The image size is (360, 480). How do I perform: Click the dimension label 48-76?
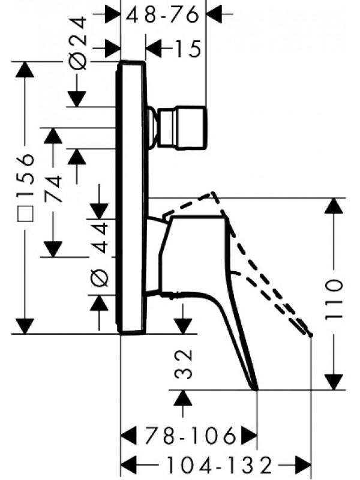pyautogui.click(x=162, y=15)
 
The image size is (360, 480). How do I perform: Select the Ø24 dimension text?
pyautogui.click(x=80, y=41)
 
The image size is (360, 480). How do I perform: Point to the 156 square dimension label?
pyautogui.click(x=25, y=180)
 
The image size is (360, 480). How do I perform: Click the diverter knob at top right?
pyautogui.click(x=191, y=127)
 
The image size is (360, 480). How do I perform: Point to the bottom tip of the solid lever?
pyautogui.click(x=256, y=388)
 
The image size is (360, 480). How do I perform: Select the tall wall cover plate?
pyautogui.click(x=133, y=198)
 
